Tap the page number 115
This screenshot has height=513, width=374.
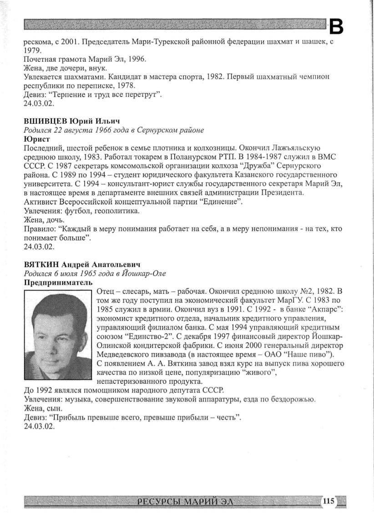click(329, 501)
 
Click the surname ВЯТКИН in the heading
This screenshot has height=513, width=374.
click(40, 264)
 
